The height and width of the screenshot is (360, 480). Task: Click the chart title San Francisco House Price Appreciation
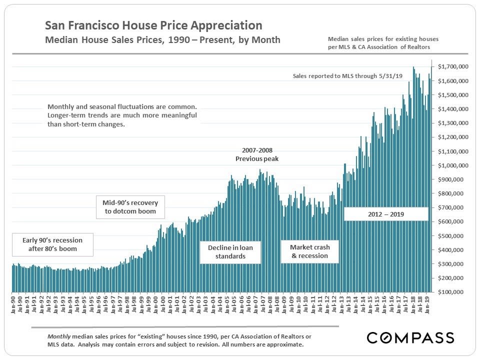click(153, 25)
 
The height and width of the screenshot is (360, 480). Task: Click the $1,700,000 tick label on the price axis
click(452, 66)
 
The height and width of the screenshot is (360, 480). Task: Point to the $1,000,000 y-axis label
click(452, 165)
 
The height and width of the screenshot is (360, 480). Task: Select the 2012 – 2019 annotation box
click(385, 214)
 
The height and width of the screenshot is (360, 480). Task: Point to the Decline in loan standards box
click(230, 252)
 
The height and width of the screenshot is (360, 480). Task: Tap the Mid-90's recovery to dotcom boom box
click(130, 207)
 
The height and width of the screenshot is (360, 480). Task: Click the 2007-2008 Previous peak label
click(257, 154)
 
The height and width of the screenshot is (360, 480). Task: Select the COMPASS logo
click(410, 337)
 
